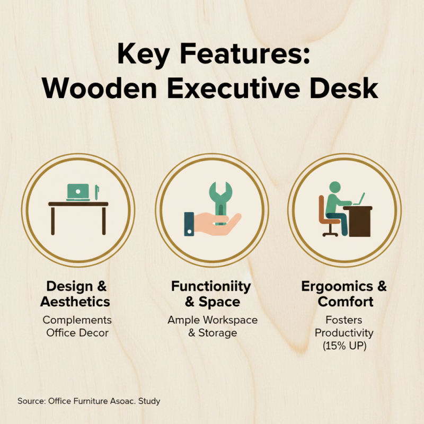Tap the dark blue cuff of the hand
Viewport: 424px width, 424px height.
pyautogui.click(x=189, y=224)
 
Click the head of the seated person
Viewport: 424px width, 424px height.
pyautogui.click(x=334, y=187)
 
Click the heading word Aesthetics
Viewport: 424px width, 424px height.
pyautogui.click(x=77, y=302)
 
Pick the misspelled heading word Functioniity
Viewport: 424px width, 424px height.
pyautogui.click(x=211, y=287)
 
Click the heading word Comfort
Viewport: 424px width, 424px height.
pyautogui.click(x=345, y=302)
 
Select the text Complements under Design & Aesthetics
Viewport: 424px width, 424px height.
pyautogui.click(x=77, y=320)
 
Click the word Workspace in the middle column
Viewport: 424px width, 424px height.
pyautogui.click(x=227, y=320)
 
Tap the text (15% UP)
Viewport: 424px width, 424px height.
pyautogui.click(x=345, y=346)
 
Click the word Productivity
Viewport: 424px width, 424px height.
pyautogui.click(x=345, y=333)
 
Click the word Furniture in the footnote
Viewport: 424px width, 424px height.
pyautogui.click(x=90, y=401)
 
